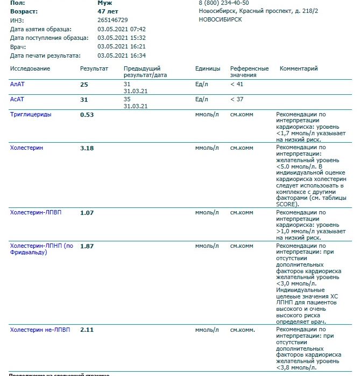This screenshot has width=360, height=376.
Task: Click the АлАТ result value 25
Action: pos(84,85)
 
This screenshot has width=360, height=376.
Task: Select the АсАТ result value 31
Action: pos(84,100)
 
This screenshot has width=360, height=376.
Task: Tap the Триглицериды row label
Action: pos(31,114)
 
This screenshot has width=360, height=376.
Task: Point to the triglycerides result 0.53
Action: pos(87,115)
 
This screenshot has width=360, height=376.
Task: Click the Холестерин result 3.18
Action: pos(87,148)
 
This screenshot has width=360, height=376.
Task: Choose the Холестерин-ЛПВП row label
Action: pos(36,212)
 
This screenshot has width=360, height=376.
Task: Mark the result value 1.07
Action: pos(87,213)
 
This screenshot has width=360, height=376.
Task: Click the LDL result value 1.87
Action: pos(87,246)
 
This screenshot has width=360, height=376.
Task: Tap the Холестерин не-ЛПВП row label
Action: pos(40,330)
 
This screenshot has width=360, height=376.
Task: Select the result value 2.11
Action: pos(87,330)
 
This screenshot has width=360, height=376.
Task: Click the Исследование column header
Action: pos(30,69)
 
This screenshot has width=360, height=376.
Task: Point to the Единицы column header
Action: pos(208,69)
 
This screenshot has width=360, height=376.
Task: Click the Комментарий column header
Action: pos(299,69)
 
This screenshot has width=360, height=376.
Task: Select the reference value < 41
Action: pos(237,85)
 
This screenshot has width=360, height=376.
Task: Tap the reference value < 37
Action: pos(237,100)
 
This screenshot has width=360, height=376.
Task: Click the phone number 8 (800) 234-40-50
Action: pos(224,3)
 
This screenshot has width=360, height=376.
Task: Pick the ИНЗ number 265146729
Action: pos(112,20)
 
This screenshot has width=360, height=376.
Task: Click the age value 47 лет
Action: pos(108,11)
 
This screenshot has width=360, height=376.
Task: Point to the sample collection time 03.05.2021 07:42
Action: pos(122,29)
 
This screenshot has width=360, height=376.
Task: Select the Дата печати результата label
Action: pos(45,55)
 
